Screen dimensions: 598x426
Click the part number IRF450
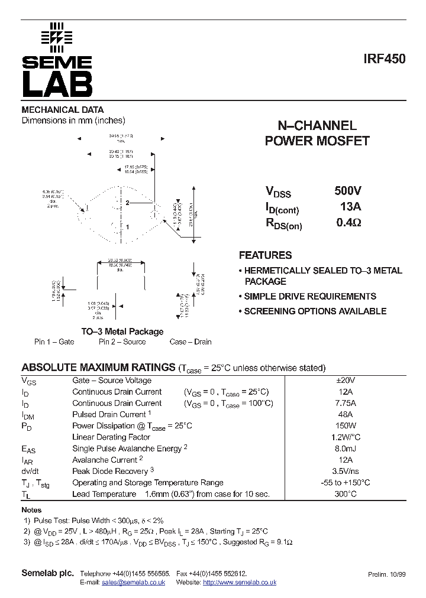(385, 59)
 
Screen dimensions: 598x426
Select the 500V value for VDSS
(348, 191)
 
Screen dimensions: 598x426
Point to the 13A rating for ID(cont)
(350, 207)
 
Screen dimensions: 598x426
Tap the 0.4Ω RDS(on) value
(348, 223)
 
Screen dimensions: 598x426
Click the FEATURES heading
(265, 255)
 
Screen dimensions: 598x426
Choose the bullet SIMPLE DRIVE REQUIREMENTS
(310, 297)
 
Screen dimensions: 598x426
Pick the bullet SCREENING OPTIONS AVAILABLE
(315, 311)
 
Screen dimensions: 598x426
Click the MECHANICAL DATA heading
(63, 110)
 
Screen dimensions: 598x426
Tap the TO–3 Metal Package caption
(122, 331)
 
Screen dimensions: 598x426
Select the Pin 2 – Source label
(122, 342)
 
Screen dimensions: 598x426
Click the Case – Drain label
(191, 342)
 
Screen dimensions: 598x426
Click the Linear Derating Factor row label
(111, 437)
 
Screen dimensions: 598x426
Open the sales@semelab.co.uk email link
(134, 583)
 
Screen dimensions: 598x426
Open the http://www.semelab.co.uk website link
(240, 583)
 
